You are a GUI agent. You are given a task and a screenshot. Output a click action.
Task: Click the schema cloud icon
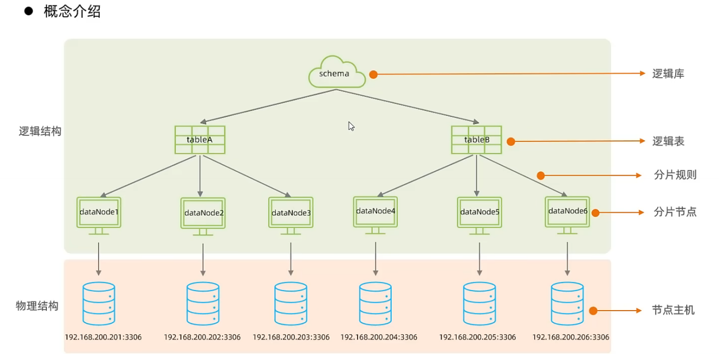337,72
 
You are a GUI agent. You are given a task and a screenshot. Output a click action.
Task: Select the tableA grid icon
200,139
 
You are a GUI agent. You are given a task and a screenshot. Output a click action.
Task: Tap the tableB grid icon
477,139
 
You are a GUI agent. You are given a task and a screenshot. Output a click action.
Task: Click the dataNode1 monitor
99,216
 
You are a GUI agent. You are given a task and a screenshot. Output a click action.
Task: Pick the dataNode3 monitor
291,216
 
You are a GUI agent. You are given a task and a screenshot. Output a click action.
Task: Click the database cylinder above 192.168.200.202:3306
203,304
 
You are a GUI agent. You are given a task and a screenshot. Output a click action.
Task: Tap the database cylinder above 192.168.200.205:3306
479,304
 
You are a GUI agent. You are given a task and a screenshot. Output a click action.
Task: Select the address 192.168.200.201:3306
103,337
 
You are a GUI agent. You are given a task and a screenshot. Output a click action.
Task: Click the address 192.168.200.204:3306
379,337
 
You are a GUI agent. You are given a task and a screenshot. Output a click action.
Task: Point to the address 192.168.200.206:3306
571,337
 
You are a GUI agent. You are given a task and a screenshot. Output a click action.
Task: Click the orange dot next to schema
373,74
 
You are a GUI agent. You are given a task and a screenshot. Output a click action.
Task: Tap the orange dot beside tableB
511,141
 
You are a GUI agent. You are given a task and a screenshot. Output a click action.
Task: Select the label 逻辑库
668,74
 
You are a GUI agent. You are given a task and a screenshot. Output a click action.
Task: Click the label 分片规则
675,175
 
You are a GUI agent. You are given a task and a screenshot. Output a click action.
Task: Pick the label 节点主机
673,310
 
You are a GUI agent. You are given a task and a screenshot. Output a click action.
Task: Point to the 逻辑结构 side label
40,131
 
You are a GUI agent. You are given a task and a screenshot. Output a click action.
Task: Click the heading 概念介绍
72,11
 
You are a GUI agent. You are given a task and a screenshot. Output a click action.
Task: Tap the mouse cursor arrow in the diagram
351,126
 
